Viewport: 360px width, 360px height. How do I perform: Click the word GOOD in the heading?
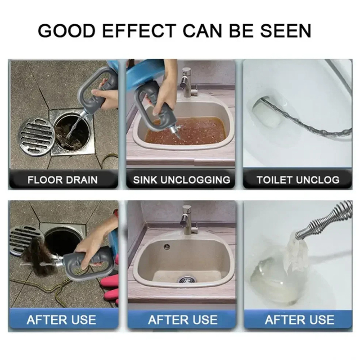tap(66, 31)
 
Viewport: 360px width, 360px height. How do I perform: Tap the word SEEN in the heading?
tap(286, 31)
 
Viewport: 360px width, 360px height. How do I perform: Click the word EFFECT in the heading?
tap(139, 31)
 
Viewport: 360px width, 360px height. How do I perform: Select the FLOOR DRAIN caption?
tap(63, 180)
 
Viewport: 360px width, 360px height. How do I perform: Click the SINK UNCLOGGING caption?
tap(182, 180)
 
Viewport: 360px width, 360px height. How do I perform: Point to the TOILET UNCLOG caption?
tap(298, 180)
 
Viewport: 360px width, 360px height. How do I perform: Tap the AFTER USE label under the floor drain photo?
tap(61, 319)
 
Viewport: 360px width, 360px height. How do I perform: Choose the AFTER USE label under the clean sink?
tap(183, 319)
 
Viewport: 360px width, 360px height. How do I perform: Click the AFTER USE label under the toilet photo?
tap(300, 319)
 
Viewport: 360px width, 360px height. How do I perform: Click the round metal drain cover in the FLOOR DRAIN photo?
tap(37, 137)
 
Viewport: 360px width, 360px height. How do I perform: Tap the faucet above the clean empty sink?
tap(188, 220)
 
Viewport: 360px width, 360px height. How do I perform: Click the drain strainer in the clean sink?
tap(187, 279)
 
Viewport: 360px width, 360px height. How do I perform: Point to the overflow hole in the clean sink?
tap(167, 247)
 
